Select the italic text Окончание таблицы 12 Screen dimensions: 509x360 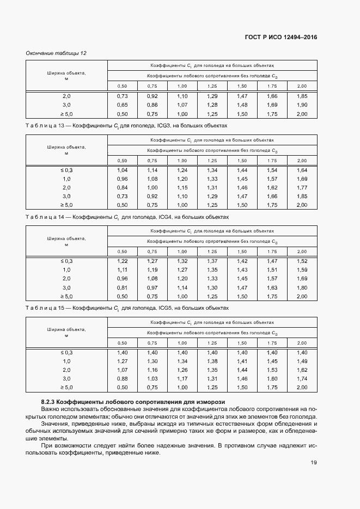pyautogui.click(x=57, y=53)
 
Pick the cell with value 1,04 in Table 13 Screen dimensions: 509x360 pyautogui.click(x=123, y=170)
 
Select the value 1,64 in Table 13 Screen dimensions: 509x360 pyautogui.click(x=302, y=170)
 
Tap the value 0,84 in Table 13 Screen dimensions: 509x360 pyautogui.click(x=123, y=187)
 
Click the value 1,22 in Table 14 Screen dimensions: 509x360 pyautogui.click(x=123, y=261)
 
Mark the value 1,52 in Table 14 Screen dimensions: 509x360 pyautogui.click(x=302, y=261)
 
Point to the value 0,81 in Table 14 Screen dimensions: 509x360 pyautogui.click(x=123, y=287)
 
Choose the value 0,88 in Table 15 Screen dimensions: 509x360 pyautogui.click(x=123, y=378)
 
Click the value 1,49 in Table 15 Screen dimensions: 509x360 pyautogui.click(x=302, y=361)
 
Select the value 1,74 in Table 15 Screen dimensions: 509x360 pyautogui.click(x=302, y=378)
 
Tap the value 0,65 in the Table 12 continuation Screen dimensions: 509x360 pyautogui.click(x=123, y=105)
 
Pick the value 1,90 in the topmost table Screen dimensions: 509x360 pyautogui.click(x=302, y=105)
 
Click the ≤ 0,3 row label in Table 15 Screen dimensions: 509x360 pyautogui.click(x=66, y=352)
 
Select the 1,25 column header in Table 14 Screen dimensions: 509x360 pyautogui.click(x=212, y=252)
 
